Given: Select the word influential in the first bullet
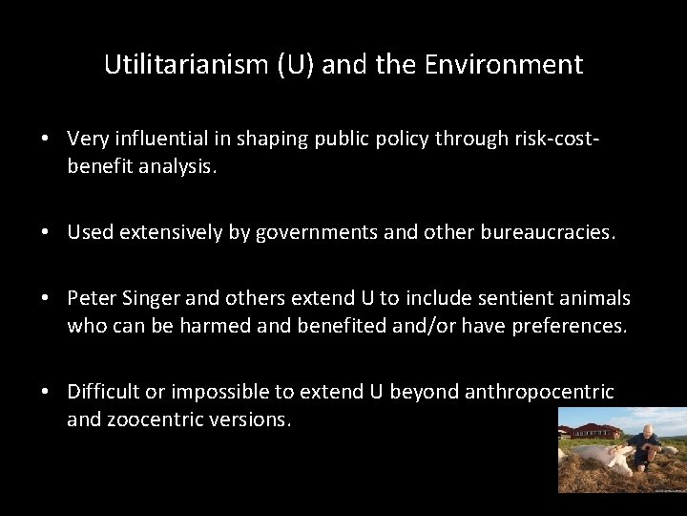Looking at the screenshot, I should pos(156,139).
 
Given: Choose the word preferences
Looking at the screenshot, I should pos(569,325).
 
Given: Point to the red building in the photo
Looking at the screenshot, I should pos(593,430).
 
